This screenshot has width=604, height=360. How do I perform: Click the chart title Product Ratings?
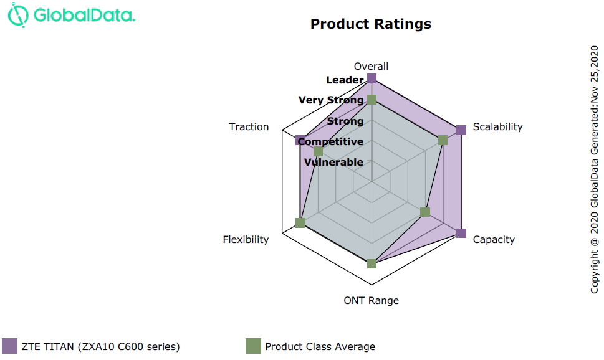371,24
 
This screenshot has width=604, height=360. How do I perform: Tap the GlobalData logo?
72,16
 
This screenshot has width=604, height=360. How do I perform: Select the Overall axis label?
371,67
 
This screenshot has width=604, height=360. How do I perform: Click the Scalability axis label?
497,127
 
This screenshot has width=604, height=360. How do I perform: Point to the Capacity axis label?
494,240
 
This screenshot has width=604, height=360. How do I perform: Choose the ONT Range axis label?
371,301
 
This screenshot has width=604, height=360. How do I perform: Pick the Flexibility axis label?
246,240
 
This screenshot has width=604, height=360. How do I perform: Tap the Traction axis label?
249,127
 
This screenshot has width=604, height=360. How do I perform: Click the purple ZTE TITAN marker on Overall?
372,78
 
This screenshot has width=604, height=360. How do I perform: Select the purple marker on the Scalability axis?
461,130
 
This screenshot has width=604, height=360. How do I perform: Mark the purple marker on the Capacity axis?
461,233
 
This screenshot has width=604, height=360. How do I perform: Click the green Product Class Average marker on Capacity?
425,212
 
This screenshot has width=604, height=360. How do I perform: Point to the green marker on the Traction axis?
319,151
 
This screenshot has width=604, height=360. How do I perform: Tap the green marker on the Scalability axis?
443,141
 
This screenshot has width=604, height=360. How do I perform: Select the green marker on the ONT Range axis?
372,264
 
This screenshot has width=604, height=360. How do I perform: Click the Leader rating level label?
345,80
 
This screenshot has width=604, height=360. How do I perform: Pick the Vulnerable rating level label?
333,163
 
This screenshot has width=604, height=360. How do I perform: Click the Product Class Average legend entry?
310,346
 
